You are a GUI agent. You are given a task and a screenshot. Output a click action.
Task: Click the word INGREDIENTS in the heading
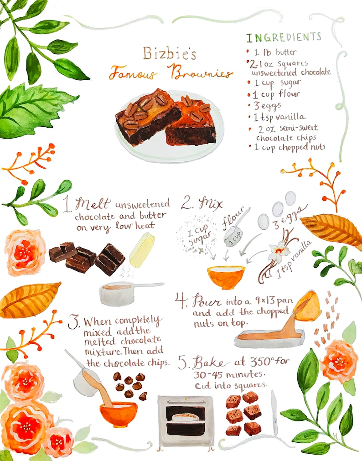(x=284, y=37)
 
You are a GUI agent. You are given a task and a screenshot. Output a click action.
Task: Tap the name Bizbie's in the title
(x=170, y=53)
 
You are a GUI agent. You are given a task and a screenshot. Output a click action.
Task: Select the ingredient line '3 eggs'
(x=267, y=105)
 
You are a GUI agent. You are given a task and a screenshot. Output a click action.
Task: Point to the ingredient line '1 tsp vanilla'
(x=279, y=117)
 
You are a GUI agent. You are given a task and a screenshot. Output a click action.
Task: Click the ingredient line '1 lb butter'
(x=275, y=52)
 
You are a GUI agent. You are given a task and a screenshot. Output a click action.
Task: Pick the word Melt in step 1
(x=93, y=203)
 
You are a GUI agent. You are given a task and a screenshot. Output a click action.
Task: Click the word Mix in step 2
(x=211, y=203)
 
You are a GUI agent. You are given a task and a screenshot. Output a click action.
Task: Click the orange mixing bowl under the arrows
(x=226, y=277)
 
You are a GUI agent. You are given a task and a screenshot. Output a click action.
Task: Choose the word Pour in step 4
(x=207, y=301)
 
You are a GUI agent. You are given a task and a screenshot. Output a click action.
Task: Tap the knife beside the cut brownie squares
(x=274, y=413)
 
